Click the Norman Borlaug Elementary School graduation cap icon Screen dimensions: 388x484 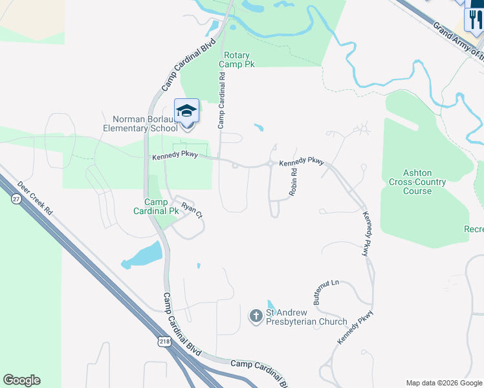point(186,111)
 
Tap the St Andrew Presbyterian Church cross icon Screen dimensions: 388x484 point(256,316)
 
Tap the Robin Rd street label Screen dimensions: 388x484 point(294,183)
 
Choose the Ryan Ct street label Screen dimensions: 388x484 point(192,210)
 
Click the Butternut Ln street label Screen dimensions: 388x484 point(326,292)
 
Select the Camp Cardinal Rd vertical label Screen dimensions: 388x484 point(221,99)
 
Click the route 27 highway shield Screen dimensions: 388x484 point(15,200)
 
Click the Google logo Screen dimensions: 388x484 point(21,380)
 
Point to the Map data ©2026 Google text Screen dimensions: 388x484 point(443,383)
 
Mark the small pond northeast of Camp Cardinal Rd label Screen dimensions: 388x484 point(259,127)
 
